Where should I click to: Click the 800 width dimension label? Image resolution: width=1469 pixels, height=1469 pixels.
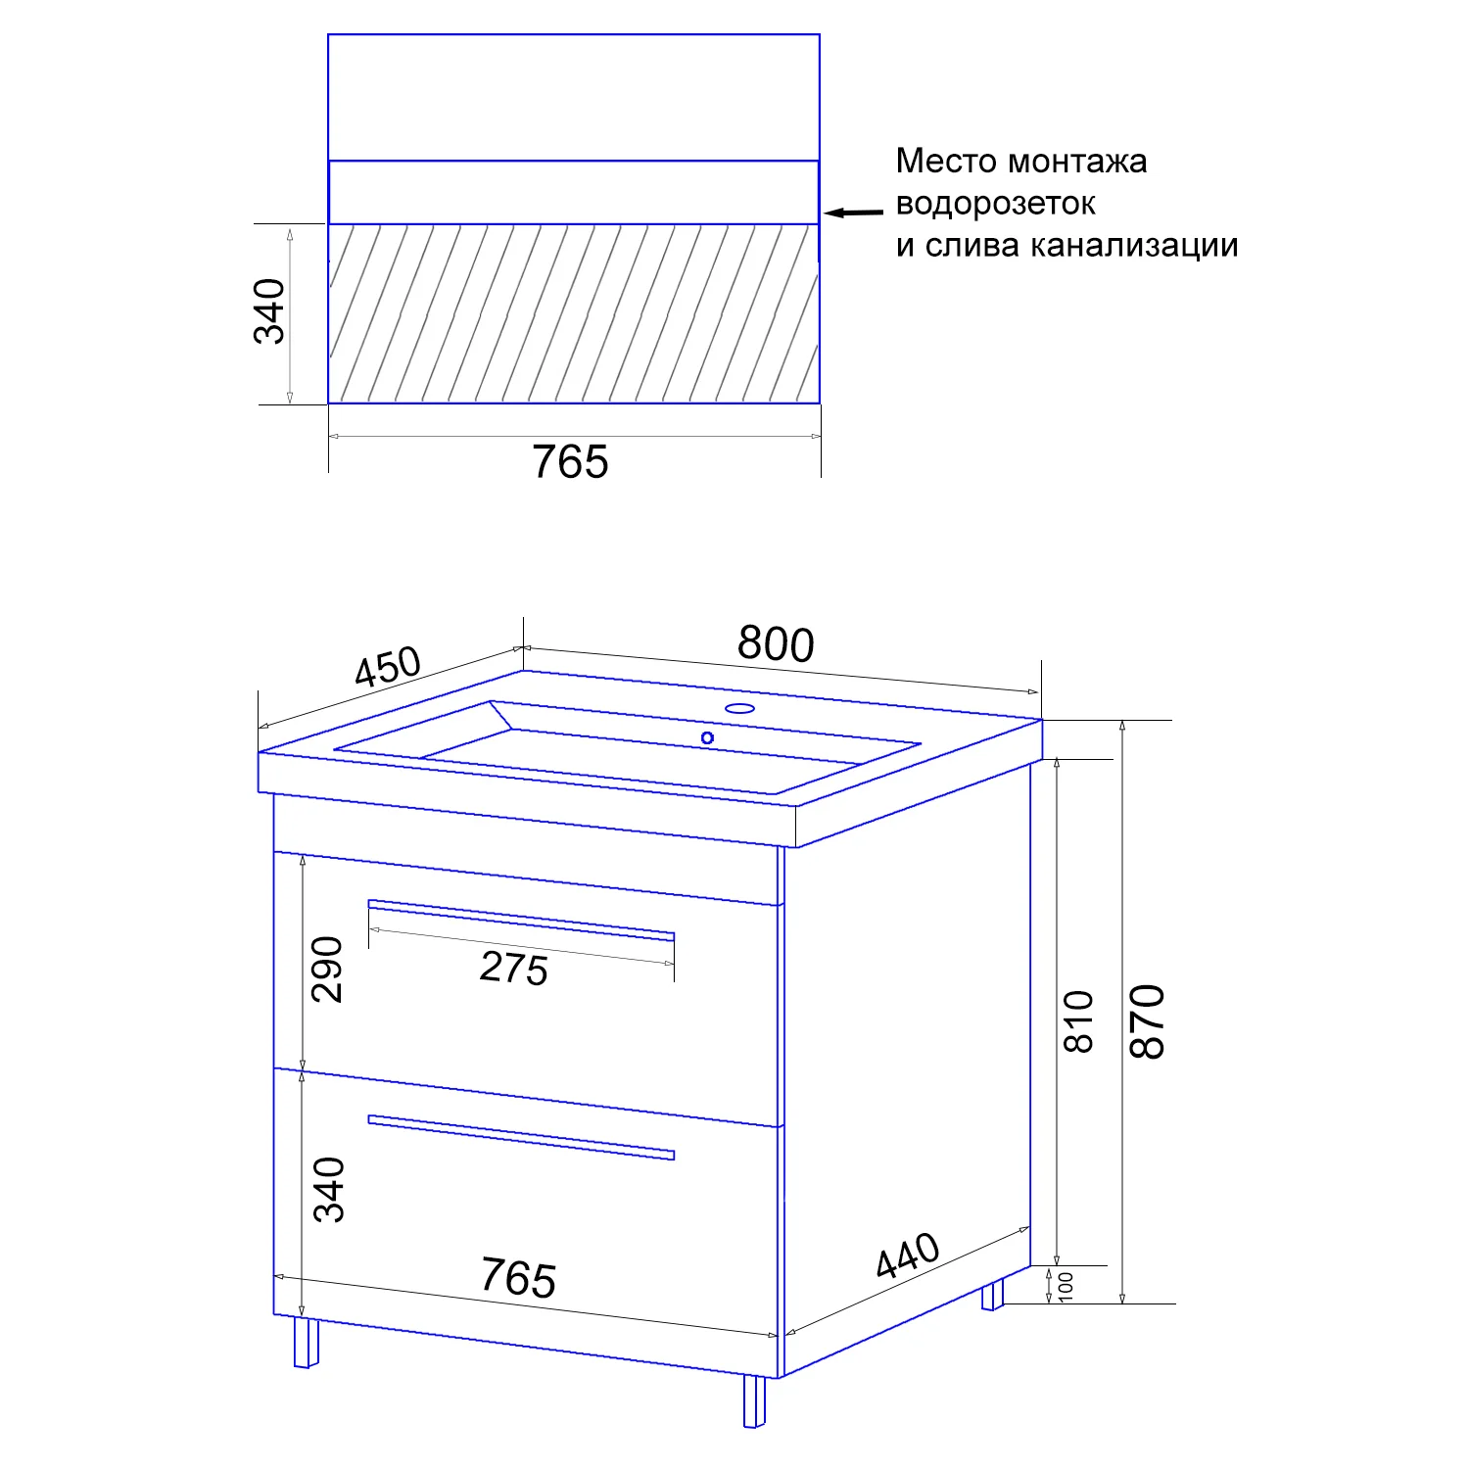[776, 644]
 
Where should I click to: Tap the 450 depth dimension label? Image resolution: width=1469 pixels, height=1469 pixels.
[388, 668]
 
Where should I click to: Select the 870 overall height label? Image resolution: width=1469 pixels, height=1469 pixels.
[1147, 1021]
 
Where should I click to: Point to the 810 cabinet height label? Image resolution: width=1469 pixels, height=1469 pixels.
[1078, 1021]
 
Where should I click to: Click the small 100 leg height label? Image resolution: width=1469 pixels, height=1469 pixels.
[1066, 1286]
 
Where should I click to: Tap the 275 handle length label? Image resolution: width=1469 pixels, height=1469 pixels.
[514, 969]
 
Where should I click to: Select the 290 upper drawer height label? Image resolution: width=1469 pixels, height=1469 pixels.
[327, 970]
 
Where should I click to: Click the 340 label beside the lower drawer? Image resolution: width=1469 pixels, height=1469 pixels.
[329, 1190]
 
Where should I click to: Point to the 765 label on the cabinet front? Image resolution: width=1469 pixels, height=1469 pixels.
[518, 1277]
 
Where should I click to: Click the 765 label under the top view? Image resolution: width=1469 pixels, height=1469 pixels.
[570, 462]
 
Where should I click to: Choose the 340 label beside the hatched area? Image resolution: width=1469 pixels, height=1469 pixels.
[269, 311]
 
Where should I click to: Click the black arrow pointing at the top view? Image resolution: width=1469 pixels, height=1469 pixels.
[852, 212]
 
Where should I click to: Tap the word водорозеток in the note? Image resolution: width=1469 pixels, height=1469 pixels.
[995, 204]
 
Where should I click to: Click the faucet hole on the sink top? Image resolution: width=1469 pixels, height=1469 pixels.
[739, 708]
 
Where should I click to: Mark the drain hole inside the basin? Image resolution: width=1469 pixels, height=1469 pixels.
[707, 737]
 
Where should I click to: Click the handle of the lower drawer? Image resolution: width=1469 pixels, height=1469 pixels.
[521, 1137]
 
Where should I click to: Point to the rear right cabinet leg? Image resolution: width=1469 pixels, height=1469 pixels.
[993, 1295]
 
